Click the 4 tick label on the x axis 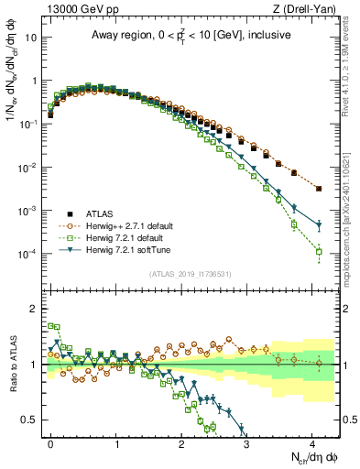pos(311,442)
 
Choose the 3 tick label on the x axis pos(246,442)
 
